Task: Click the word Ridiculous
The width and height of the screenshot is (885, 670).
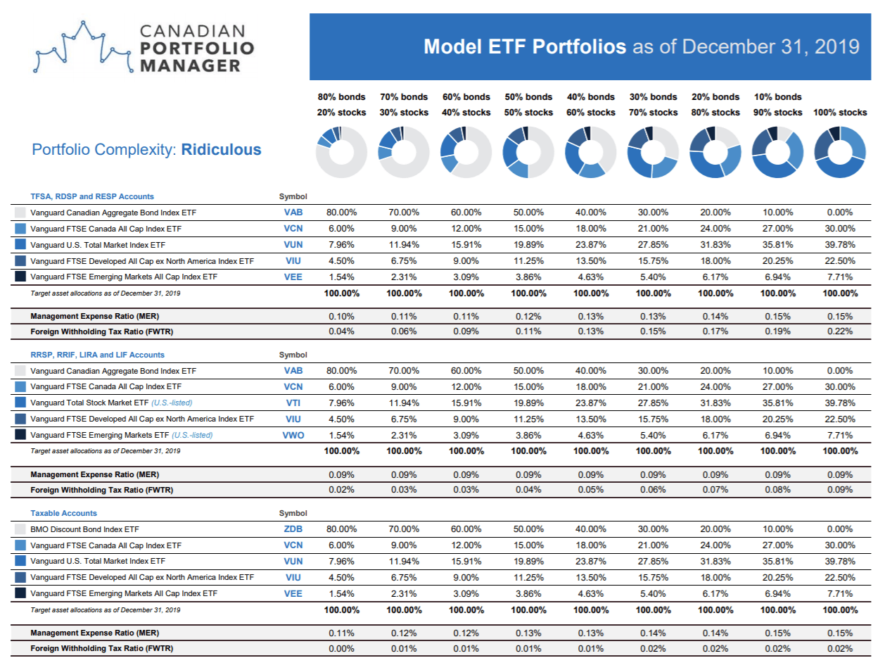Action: pyautogui.click(x=221, y=150)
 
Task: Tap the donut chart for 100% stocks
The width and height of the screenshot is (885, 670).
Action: pyautogui.click(x=840, y=152)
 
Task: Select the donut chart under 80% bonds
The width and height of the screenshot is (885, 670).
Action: pyautogui.click(x=341, y=152)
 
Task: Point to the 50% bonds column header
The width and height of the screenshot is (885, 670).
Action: pyautogui.click(x=528, y=97)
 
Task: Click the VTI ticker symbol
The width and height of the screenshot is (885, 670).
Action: pyautogui.click(x=293, y=403)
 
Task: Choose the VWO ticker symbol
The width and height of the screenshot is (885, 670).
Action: pyautogui.click(x=293, y=435)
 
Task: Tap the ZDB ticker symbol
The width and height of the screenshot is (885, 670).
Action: pyautogui.click(x=293, y=529)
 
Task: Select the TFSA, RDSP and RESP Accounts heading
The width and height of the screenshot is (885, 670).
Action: pyautogui.click(x=92, y=196)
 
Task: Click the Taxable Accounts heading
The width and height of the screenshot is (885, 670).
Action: pyautogui.click(x=64, y=513)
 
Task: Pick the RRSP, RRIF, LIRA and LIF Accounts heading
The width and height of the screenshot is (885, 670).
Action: pyautogui.click(x=98, y=355)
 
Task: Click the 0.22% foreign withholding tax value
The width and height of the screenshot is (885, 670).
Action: pyautogui.click(x=840, y=331)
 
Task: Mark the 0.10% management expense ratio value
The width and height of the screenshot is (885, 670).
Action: pyautogui.click(x=341, y=316)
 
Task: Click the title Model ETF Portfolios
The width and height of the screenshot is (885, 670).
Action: pyautogui.click(x=525, y=46)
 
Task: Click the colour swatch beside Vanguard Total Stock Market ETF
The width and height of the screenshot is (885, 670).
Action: pyautogui.click(x=20, y=403)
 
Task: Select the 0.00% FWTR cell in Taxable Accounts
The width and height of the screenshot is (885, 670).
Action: pyautogui.click(x=341, y=648)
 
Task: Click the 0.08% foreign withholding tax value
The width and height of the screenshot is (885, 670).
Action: pyautogui.click(x=777, y=490)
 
